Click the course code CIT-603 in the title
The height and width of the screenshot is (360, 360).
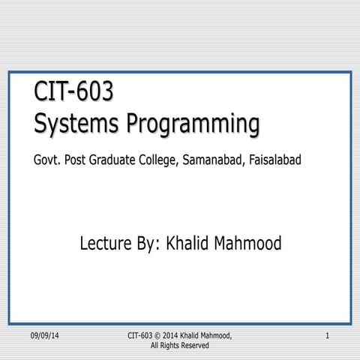tap(74, 92)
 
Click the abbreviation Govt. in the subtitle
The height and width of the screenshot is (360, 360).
tap(46, 161)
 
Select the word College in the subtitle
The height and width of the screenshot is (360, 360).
tap(169, 161)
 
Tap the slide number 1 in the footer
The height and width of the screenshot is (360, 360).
tap(328, 334)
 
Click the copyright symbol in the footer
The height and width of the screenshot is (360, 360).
tap(160, 334)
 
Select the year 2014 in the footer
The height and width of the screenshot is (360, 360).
tap(175, 334)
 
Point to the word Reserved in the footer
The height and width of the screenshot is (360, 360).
tap(193, 346)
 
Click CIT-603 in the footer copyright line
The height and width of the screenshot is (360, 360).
tap(141, 334)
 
